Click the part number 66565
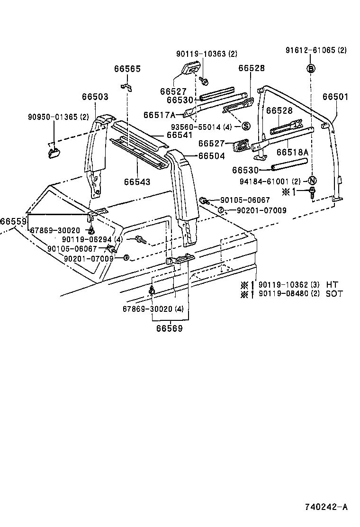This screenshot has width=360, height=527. point(127,69)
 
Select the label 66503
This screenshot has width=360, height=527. point(95,97)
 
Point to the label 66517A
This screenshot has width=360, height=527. point(160,115)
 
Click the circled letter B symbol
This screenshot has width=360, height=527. point(311,69)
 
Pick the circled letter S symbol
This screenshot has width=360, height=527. point(246,126)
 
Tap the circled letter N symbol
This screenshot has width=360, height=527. point(311,181)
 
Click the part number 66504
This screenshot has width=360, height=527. point(211,155)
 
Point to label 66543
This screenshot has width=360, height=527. point(137,182)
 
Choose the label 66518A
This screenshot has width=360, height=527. point(292,152)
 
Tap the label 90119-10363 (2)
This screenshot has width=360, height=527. point(207,54)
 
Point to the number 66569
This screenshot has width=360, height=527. point(169,327)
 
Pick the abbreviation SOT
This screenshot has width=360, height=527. point(334,294)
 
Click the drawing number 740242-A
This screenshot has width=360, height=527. point(326,507)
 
